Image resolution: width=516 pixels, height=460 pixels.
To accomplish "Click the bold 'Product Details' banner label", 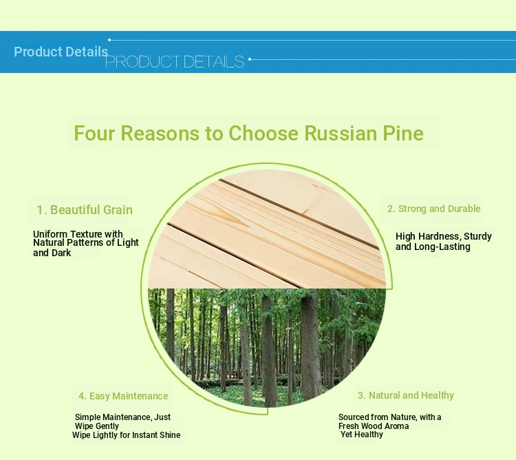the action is pos(61,52).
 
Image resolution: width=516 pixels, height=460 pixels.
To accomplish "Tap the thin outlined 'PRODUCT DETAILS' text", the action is pos(175,61).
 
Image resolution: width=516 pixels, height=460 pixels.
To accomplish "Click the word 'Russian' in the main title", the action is pos(341,133).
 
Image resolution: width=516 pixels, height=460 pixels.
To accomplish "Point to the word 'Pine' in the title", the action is pos(403,133).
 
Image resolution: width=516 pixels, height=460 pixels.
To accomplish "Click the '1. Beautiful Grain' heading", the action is pos(85,210).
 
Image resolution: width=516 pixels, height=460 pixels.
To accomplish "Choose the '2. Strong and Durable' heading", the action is pos(433,209).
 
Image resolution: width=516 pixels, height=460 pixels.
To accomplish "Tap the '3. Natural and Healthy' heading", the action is pos(406,395).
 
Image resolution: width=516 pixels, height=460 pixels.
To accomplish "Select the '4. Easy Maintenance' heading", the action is pos(123,396).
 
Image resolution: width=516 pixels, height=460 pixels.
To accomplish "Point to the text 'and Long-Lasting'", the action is pos(433,247).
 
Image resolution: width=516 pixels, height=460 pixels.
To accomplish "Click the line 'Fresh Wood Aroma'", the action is pos(374,426).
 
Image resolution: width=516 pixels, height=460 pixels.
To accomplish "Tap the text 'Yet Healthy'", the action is pos(362,435).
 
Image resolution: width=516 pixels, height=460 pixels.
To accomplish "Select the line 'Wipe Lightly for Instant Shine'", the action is pos(127,435).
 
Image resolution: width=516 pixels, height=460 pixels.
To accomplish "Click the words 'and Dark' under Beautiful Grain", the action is pos(52,253).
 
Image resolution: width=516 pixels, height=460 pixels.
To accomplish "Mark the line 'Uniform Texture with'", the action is pos(78,234).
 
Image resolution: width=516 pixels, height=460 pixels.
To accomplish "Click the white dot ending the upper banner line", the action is pos(109,40).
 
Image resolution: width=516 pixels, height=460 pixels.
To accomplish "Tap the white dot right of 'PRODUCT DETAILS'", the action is pos(250,59).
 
